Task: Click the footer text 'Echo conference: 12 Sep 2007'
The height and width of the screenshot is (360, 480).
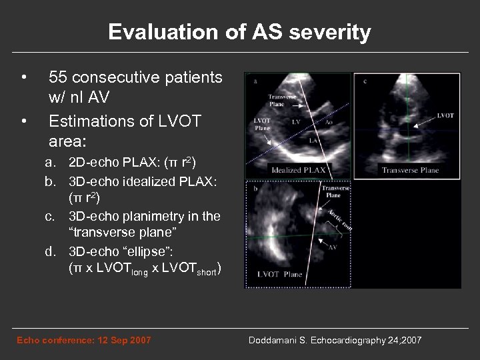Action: tap(83, 341)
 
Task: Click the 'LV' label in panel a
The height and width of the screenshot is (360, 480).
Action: tap(295, 123)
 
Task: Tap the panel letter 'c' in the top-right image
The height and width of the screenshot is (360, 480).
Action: tap(366, 81)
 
